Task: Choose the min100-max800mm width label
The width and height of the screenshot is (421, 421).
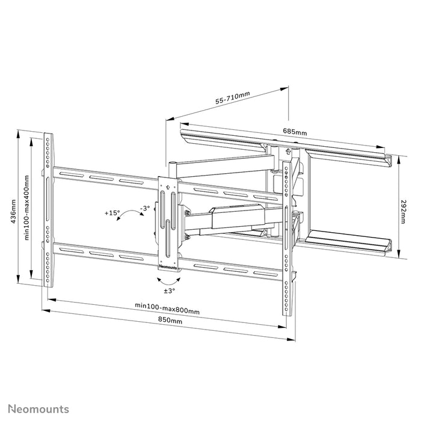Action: tap(167, 311)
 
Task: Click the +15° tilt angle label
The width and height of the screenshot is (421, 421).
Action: tap(112, 213)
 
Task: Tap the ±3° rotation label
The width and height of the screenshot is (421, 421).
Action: tap(170, 290)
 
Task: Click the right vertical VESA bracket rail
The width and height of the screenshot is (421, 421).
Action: tap(287, 235)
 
